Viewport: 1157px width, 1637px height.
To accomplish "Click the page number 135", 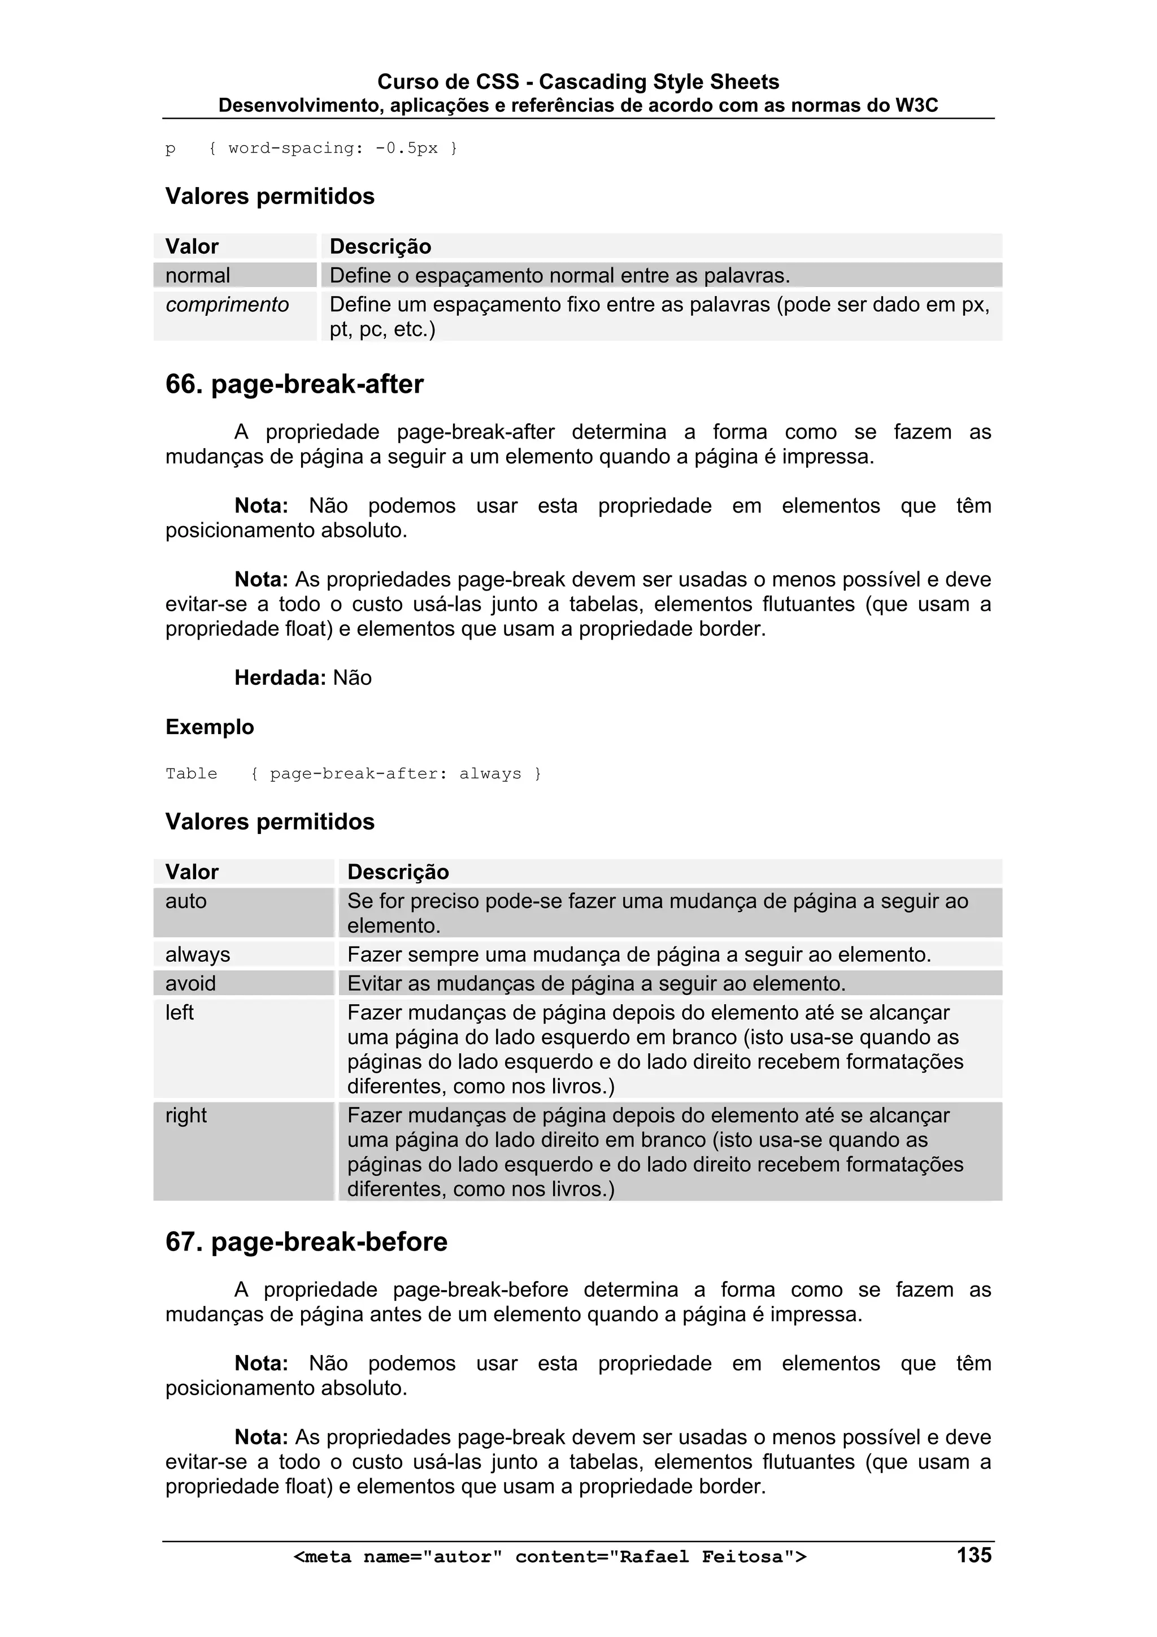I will [x=974, y=1555].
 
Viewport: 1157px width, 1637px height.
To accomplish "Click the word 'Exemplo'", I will [x=210, y=727].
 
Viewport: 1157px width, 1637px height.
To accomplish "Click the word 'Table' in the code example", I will [x=191, y=774].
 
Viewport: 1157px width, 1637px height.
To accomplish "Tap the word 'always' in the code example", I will [x=490, y=774].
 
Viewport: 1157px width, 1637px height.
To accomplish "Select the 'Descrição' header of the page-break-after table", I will [x=398, y=872].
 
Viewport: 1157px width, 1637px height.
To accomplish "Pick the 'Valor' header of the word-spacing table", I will [x=192, y=247].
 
